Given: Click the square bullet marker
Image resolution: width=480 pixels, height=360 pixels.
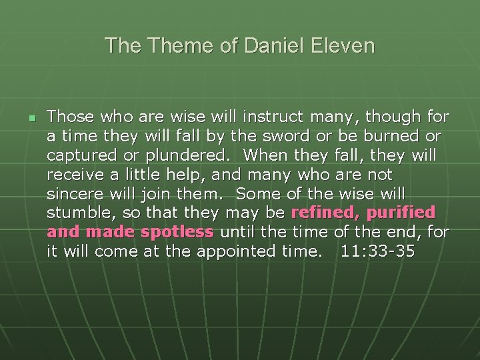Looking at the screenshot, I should coord(31,117).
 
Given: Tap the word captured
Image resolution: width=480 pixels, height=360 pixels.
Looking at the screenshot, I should coord(79,155).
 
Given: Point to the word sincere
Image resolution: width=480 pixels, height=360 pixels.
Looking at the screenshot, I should coord(73,194).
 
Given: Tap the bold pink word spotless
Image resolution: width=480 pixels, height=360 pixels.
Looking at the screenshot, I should coord(177,232).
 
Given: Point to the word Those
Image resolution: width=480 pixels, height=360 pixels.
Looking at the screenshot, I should coord(71,117).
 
